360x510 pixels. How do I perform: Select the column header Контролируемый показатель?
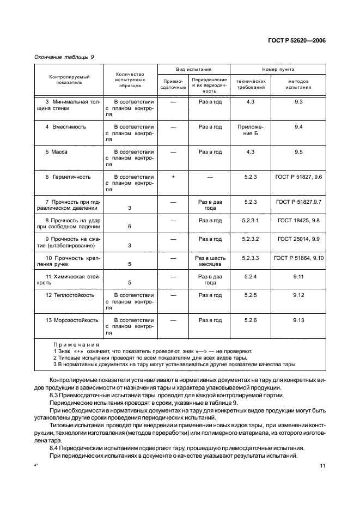click(x=69, y=80)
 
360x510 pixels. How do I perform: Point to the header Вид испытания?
click(x=193, y=70)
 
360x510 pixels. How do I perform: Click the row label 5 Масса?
click(x=56, y=152)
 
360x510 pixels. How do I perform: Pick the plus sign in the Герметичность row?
click(x=173, y=177)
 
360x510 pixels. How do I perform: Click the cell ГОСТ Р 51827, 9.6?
click(x=298, y=177)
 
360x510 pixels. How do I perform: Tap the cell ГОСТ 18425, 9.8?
click(x=298, y=220)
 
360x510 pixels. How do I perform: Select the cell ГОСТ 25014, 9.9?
click(x=298, y=239)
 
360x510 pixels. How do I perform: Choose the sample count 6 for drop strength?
click(x=130, y=227)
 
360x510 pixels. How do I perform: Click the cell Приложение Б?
click(x=251, y=130)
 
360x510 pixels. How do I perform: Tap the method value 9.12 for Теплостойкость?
click(x=298, y=295)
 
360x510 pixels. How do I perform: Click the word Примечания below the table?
click(x=76, y=345)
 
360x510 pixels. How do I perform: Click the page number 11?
click(x=322, y=466)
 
